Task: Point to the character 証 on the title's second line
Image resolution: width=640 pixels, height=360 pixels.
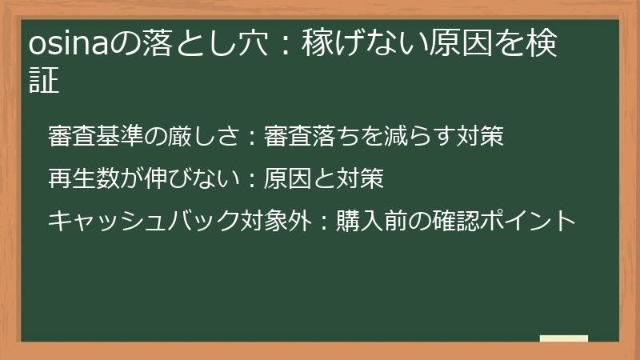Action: [44, 82]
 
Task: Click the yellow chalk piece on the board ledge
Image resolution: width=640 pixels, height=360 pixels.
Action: [564, 338]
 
